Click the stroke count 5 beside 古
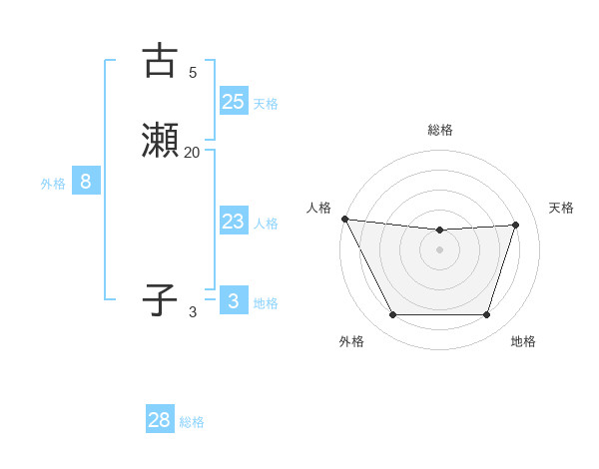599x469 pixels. (193, 72)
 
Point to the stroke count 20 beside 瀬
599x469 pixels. (192, 152)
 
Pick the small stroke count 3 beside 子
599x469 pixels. (193, 312)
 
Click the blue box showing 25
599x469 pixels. (233, 102)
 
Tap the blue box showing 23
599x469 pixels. (233, 222)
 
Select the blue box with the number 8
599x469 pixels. (86, 182)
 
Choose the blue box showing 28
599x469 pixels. (160, 420)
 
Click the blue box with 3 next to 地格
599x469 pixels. (233, 301)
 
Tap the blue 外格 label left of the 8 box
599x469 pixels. (53, 184)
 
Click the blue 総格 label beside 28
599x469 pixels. (192, 422)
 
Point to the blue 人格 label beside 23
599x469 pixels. (266, 224)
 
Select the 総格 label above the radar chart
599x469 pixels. (440, 130)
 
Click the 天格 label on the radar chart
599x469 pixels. (562, 208)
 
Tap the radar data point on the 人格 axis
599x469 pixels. (344, 219)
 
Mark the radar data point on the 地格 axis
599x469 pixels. (487, 315)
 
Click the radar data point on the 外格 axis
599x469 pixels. (392, 315)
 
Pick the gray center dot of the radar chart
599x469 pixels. (439, 249)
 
